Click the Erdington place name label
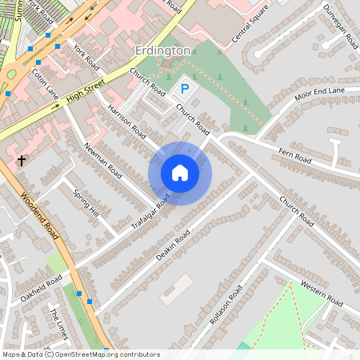click(162, 50)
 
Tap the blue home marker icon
click(180, 173)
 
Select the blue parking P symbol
click(184, 90)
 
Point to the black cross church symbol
click(22, 161)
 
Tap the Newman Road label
click(102, 159)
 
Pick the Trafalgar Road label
click(151, 211)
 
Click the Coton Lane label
click(46, 82)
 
